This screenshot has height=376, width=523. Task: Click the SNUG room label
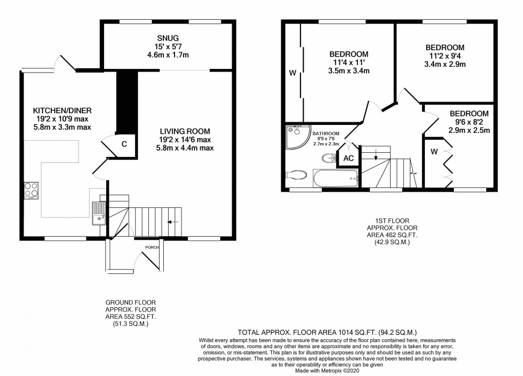coord(168,38)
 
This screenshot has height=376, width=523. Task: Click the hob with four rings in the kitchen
coord(30,190)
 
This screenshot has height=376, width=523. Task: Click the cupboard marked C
coord(124,144)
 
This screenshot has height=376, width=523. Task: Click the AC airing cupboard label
coord(348,159)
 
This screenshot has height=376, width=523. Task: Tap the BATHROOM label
coord(326,133)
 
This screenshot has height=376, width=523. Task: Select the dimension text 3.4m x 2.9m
coord(445,65)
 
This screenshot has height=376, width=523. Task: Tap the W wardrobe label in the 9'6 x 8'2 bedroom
coord(434,151)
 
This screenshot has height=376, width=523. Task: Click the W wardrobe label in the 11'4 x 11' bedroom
coord(292,72)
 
